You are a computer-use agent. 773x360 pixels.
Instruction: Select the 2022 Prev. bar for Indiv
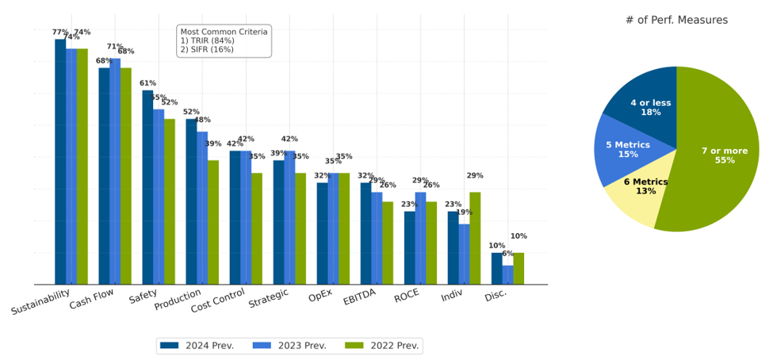[x=475, y=238]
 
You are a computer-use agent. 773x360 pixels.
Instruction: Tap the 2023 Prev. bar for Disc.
[x=507, y=274]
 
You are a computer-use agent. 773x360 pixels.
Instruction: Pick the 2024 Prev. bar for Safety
[x=147, y=187]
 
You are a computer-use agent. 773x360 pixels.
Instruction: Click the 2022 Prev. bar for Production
[x=213, y=222]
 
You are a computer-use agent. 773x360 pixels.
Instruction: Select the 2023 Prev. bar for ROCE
[x=420, y=238]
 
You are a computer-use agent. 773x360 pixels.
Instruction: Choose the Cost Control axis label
[x=218, y=302]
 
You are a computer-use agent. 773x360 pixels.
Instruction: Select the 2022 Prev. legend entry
[x=382, y=346]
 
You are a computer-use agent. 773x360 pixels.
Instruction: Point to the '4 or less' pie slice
[x=649, y=107]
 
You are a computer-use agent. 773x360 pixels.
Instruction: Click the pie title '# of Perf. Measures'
[x=676, y=20]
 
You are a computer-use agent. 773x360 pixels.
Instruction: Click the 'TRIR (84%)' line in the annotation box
[x=207, y=40]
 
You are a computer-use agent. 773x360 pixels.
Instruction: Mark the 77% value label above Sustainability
[x=60, y=33]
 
